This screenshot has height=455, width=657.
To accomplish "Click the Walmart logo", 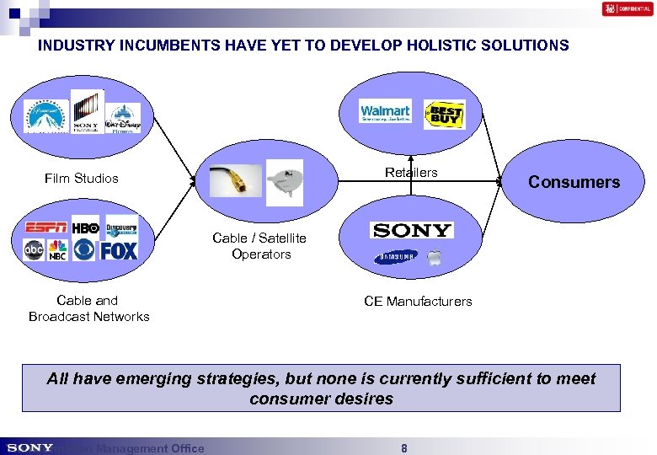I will click(x=385, y=113).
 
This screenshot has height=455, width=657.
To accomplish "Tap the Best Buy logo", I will click(x=444, y=114).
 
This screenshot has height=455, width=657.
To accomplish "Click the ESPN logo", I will click(x=45, y=228).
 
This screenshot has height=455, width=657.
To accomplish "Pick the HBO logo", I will click(x=85, y=228).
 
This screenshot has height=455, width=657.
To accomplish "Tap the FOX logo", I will click(x=119, y=250).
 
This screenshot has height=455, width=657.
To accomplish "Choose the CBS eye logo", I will click(x=84, y=250).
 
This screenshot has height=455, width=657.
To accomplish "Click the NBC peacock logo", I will click(x=58, y=250).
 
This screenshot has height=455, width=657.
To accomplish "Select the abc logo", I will click(x=35, y=249).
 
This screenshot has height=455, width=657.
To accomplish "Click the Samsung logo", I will click(x=397, y=257).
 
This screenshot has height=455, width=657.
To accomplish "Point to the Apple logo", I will click(x=434, y=257).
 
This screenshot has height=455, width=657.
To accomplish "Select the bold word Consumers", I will click(x=574, y=182).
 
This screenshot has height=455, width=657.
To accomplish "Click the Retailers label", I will click(x=411, y=173).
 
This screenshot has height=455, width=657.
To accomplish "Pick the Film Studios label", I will click(x=82, y=178).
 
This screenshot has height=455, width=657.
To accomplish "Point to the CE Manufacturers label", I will click(x=418, y=301).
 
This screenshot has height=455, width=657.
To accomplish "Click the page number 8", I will click(x=404, y=448).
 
